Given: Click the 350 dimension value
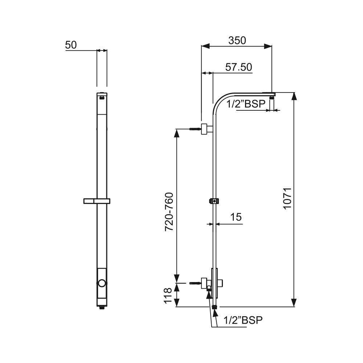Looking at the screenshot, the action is tap(237, 41).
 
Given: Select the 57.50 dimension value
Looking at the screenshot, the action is tap(238, 67).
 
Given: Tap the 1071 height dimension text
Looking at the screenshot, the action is tap(287, 199).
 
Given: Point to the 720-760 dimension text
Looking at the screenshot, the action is tap(169, 212).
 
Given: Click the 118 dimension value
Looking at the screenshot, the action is tap(168, 295).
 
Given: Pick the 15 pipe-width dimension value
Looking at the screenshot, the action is tap(236, 217).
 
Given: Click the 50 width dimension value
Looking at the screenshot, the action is tap(71, 45).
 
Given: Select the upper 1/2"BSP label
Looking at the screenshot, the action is tap(246, 104).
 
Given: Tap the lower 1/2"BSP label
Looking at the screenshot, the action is tap(243, 320).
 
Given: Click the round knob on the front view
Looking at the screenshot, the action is tap(102, 283).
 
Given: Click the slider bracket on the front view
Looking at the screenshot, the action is tap(97, 201).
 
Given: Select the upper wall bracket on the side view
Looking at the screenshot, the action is tap(207, 129).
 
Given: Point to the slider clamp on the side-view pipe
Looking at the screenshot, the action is tap(214, 201).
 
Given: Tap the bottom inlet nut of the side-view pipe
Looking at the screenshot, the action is tap(215, 307).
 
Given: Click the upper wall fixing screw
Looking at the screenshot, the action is tap(195, 129).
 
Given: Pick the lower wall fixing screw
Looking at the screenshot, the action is tap(195, 283).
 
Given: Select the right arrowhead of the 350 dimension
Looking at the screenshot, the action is tap(268, 46).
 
